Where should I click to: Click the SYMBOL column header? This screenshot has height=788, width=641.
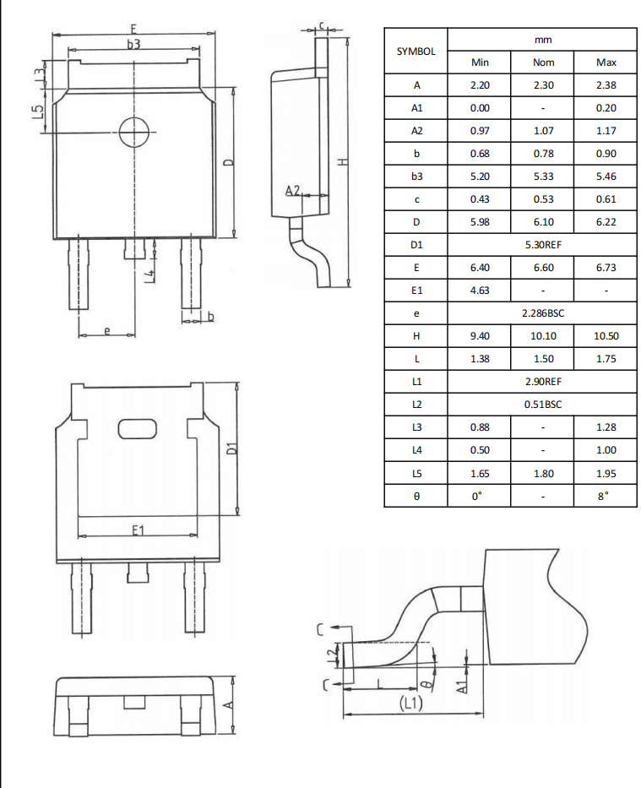[416, 51]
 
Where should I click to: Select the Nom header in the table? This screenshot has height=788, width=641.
[543, 62]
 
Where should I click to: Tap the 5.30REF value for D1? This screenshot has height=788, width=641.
[543, 245]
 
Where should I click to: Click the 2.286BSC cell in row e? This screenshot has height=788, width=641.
[543, 313]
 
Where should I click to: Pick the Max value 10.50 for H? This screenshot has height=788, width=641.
[606, 336]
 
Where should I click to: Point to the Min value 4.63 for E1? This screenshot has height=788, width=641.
[480, 291]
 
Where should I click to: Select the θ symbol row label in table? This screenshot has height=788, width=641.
[416, 496]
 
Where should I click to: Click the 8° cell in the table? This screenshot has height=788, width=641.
[606, 496]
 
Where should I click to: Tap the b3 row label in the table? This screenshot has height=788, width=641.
[416, 177]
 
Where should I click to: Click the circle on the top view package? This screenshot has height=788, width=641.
[133, 132]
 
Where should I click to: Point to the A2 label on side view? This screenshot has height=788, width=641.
[292, 191]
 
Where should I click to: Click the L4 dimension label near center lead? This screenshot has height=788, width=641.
[149, 275]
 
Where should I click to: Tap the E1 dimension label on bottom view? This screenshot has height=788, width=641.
[139, 530]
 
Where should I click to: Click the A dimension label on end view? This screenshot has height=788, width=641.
[228, 704]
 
